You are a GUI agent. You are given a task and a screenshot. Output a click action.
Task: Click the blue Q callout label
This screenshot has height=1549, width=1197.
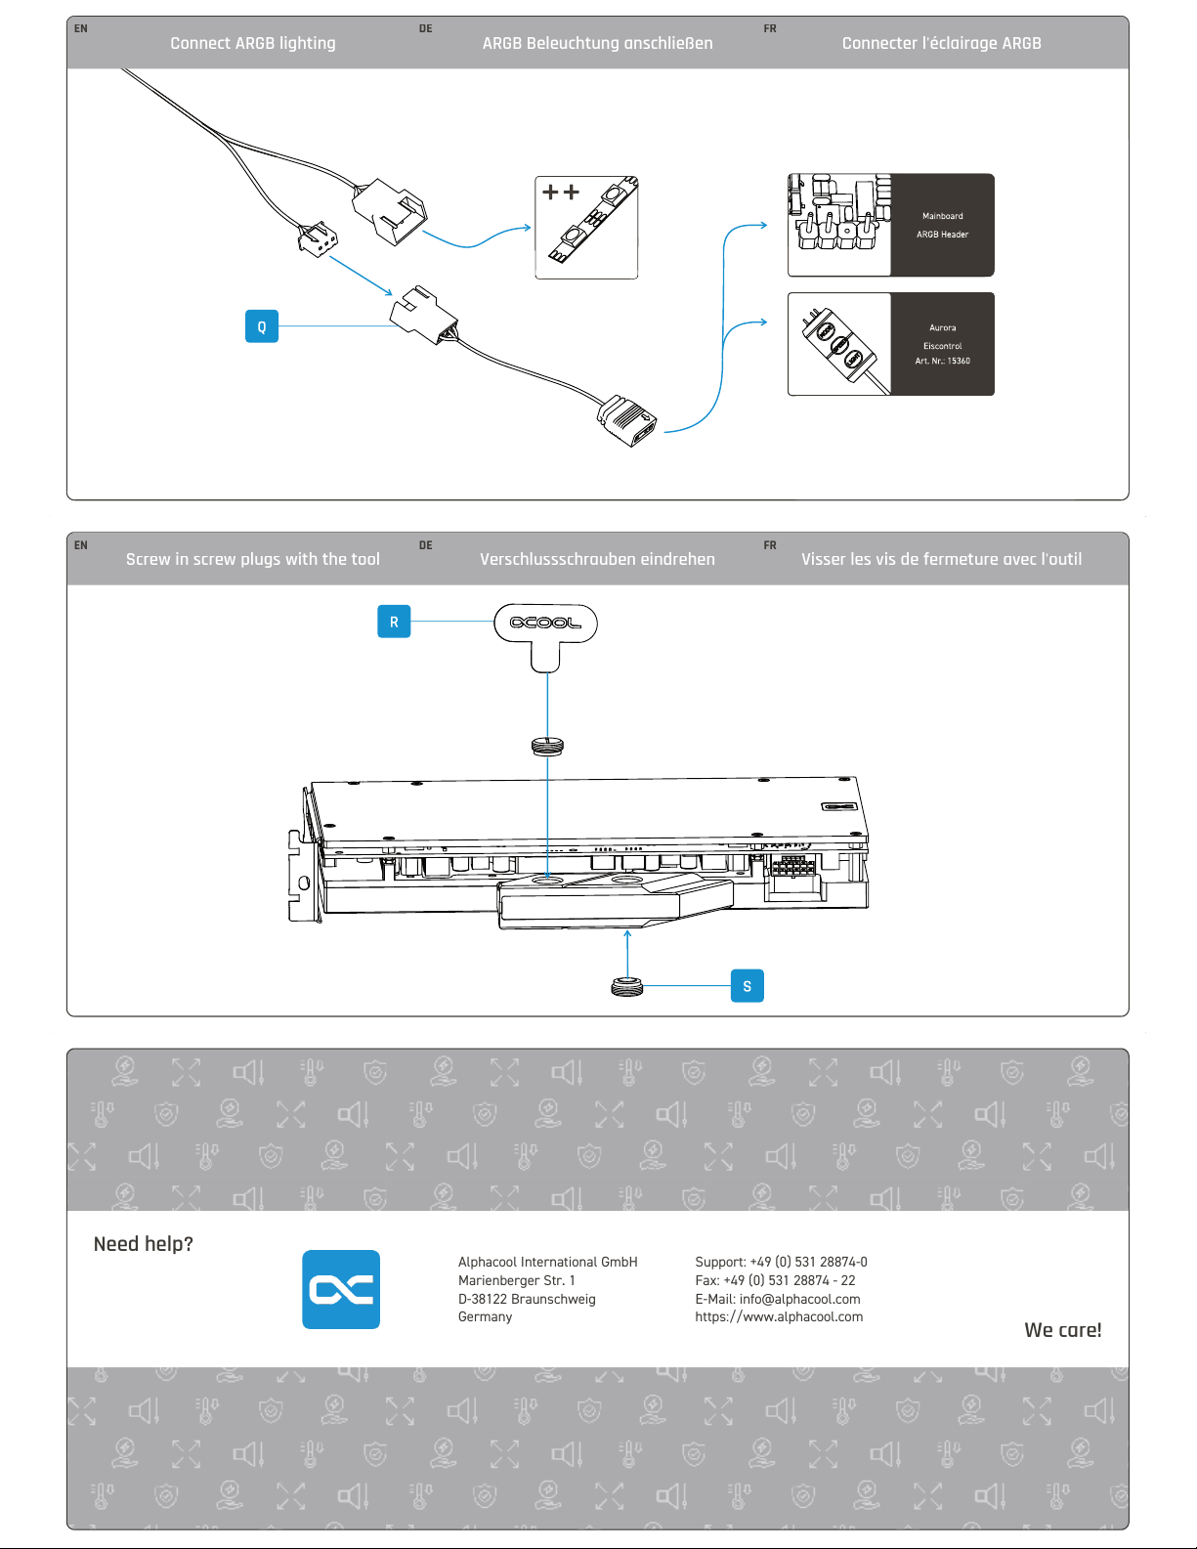pyautogui.click(x=261, y=326)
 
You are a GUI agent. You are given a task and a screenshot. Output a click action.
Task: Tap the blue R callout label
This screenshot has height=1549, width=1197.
pyautogui.click(x=394, y=622)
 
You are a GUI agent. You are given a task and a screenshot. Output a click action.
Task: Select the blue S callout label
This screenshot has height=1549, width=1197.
pyautogui.click(x=747, y=986)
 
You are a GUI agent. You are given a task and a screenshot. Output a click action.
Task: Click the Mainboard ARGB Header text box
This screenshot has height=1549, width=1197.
pyautogui.click(x=942, y=226)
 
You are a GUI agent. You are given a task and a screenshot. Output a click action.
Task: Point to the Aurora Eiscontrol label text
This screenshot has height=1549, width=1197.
pyautogui.click(x=942, y=344)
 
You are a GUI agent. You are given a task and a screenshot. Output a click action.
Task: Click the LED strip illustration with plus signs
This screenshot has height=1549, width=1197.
pyautogui.click(x=586, y=228)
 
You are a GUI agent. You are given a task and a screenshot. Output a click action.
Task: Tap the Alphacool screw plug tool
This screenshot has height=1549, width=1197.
pyautogui.click(x=545, y=633)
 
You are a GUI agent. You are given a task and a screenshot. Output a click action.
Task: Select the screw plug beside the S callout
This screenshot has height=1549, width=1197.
pyautogui.click(x=627, y=986)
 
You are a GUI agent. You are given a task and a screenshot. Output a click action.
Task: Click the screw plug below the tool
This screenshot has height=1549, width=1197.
pyautogui.click(x=547, y=747)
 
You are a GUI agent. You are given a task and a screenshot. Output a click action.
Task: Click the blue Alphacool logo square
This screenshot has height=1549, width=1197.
pyautogui.click(x=341, y=1289)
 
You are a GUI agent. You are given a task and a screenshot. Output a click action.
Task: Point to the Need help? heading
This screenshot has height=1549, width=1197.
pyautogui.click(x=144, y=1244)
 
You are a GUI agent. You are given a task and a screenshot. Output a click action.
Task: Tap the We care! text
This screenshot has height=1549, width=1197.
pyautogui.click(x=1062, y=1330)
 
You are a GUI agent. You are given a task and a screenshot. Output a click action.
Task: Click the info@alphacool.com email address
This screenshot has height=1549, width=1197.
pyautogui.click(x=799, y=1299)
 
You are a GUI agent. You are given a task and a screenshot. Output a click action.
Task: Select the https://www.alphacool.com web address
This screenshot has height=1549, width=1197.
pyautogui.click(x=779, y=1317)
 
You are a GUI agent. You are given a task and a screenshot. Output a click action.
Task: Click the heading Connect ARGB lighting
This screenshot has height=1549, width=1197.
pyautogui.click(x=253, y=43)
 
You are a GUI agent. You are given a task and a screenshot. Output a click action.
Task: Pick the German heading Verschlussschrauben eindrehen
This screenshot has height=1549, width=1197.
pyautogui.click(x=597, y=559)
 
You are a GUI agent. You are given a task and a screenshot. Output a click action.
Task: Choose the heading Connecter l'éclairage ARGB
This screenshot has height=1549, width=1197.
pyautogui.click(x=941, y=43)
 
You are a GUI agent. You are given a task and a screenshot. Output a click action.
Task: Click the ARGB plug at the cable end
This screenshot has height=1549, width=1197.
pyautogui.click(x=627, y=420)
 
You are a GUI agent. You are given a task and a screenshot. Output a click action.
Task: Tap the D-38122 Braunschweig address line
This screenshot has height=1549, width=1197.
pyautogui.click(x=527, y=1299)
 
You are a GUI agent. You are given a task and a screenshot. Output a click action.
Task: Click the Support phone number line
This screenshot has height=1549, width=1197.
pyautogui.click(x=781, y=1262)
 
